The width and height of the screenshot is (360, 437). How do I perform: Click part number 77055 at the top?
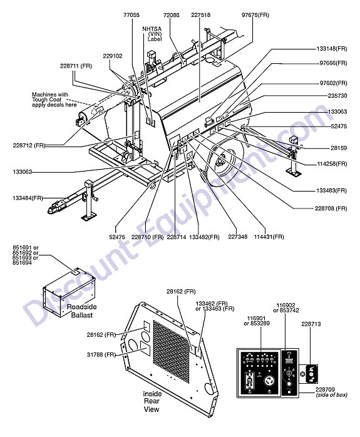131,15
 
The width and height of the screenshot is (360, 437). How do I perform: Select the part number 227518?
200,15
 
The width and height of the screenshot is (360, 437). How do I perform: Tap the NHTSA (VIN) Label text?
152,34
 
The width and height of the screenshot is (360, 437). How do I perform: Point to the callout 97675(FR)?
255,15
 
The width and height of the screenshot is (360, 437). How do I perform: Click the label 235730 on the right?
337,96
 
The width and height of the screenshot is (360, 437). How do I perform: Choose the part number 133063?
337,112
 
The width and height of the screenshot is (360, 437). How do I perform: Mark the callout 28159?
339,148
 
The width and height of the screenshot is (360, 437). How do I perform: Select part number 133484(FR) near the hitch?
28,198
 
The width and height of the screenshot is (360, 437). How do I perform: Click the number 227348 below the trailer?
238,237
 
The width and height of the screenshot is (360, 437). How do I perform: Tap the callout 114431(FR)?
269,237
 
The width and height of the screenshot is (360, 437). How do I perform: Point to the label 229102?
113,56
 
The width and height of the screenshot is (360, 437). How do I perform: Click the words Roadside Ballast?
81,311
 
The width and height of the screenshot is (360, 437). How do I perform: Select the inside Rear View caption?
152,401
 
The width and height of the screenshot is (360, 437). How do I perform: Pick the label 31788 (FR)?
101,355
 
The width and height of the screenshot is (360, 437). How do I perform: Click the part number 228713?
311,324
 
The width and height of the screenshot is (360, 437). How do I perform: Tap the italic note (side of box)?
332,395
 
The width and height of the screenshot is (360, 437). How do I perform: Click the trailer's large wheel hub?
222,162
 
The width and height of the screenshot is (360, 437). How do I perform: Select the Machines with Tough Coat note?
54,100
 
